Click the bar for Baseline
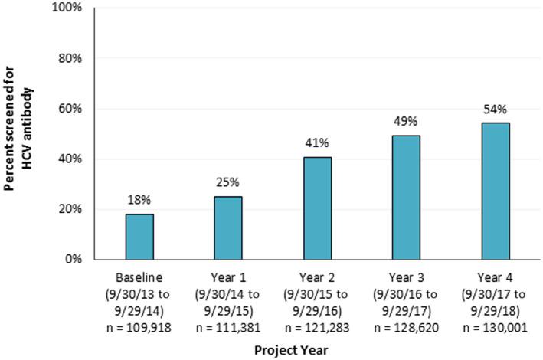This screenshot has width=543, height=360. pyautogui.click(x=139, y=237)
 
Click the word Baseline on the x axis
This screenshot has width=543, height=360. pyautogui.click(x=139, y=277)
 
